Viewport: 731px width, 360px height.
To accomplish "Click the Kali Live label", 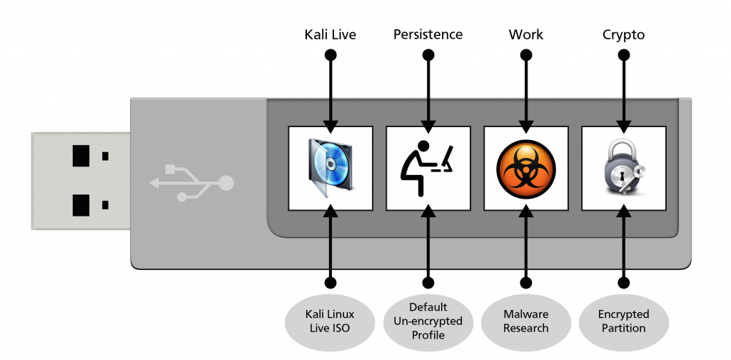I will (x=330, y=34).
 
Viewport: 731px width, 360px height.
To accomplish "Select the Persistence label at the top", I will (x=428, y=34).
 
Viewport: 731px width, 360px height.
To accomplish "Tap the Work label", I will (x=525, y=34).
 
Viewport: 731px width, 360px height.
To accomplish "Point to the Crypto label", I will (x=623, y=34).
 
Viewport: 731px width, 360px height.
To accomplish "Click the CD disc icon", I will (x=330, y=168).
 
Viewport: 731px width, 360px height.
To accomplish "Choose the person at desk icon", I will (x=428, y=168).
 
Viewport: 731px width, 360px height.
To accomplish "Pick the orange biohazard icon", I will (x=525, y=169).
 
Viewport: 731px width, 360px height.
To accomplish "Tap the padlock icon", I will (x=623, y=169).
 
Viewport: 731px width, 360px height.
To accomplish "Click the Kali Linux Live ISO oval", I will (x=330, y=321).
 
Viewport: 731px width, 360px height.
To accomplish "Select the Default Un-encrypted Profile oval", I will (x=428, y=321).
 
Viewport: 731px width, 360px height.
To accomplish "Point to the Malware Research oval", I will (x=525, y=321).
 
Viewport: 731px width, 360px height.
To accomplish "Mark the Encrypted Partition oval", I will (x=623, y=321).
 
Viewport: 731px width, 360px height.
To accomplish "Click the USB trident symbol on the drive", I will (x=191, y=183).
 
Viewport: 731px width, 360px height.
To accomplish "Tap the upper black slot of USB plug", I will (x=81, y=156).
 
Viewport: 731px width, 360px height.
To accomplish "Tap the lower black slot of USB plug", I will (x=81, y=205).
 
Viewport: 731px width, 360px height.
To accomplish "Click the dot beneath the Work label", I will (x=525, y=54).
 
